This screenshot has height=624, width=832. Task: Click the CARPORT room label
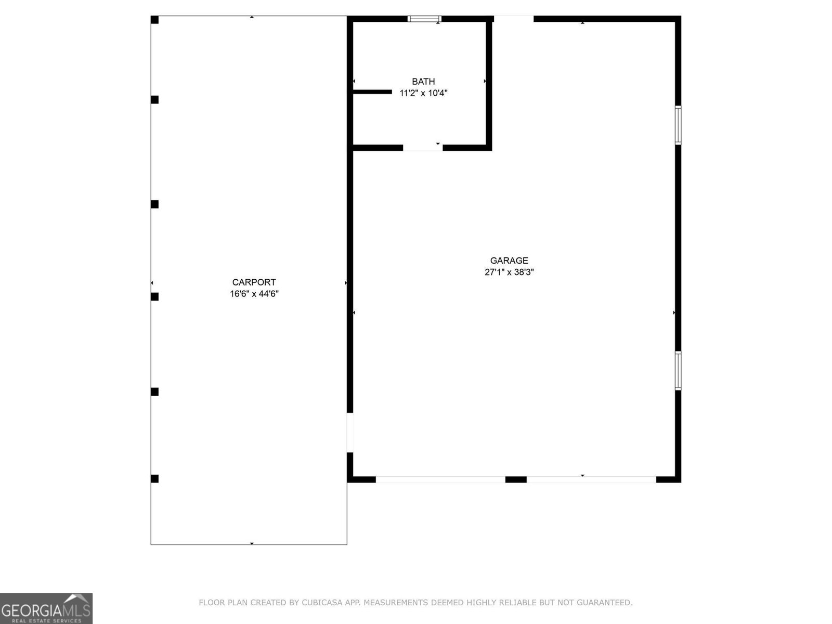pos(254,282)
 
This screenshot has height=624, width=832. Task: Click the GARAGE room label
pos(509,261)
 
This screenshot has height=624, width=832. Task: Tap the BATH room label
pos(423,82)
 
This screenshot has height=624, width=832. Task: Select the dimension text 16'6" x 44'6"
pos(254,294)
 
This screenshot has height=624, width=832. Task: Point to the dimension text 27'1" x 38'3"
pos(509,272)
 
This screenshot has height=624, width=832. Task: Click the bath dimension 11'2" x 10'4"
pos(423,93)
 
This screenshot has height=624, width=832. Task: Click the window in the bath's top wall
pos(424,19)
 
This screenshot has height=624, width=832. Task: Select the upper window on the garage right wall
pos(678,125)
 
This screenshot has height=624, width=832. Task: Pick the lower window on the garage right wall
pos(678,370)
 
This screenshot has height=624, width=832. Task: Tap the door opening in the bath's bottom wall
pos(423,148)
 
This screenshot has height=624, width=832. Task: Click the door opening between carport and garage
pos(350,433)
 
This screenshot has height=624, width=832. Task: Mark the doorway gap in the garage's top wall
pos(513,19)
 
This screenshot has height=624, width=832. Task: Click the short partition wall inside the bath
pos(372,92)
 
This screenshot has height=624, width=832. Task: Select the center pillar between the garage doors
pos(516,479)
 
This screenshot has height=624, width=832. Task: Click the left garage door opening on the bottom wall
pos(440,479)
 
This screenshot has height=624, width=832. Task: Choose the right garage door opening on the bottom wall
pos(591,479)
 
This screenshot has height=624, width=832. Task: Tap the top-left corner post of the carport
pos(154,20)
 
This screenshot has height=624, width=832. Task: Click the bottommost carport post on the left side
pos(154,478)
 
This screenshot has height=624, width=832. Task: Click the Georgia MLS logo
pos(46,608)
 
